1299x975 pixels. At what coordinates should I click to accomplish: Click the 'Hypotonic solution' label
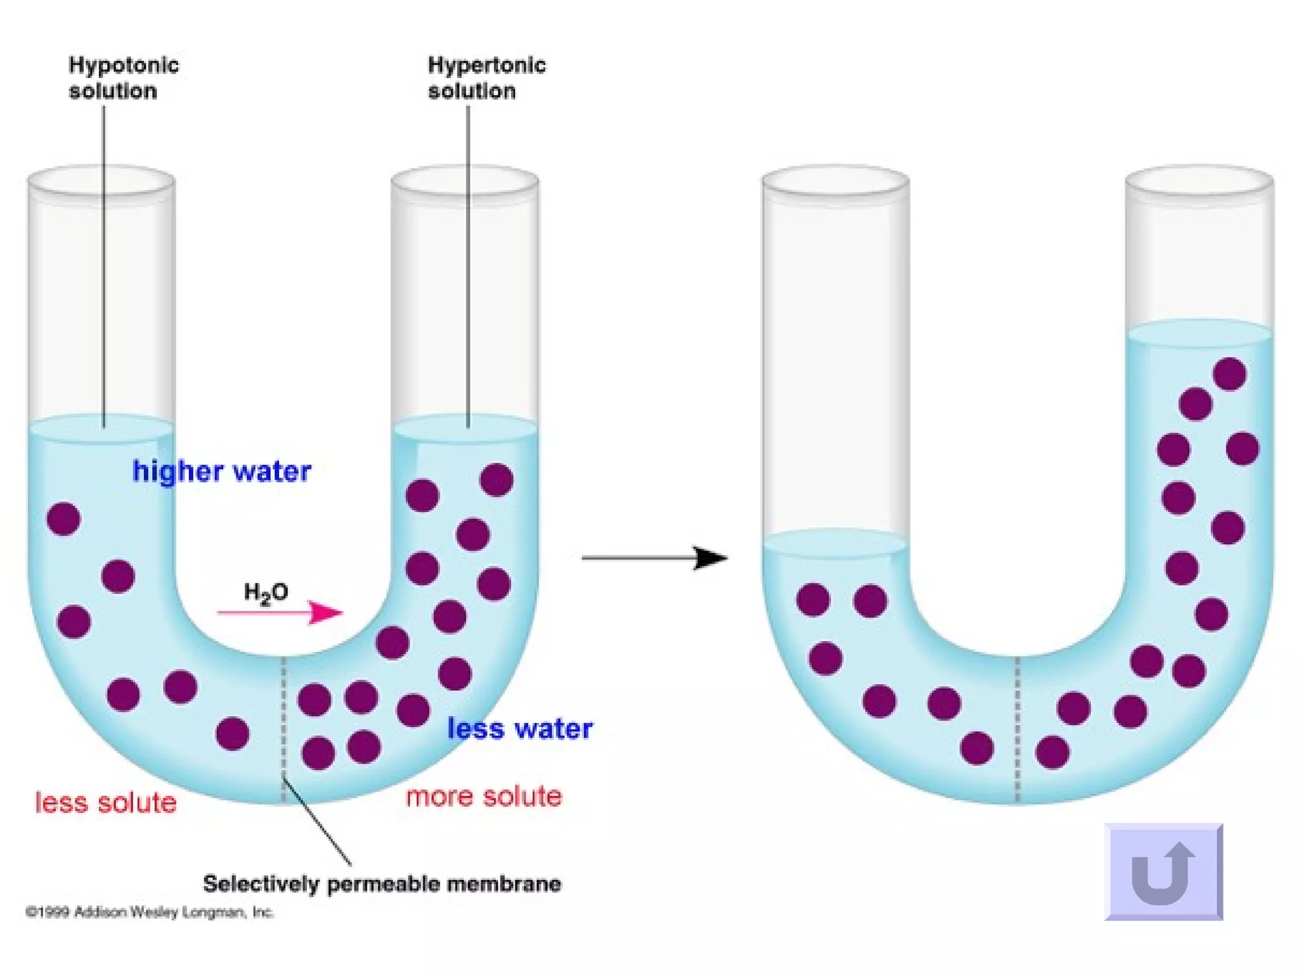123,78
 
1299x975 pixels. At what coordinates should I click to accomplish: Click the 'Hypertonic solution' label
486,78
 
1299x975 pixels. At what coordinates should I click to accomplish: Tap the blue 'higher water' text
221,472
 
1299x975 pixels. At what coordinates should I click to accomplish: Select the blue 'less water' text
519,729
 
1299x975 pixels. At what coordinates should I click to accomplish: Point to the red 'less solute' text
105,802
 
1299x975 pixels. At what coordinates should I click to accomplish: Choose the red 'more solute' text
484,796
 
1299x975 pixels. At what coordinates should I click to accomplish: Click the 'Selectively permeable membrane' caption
382,884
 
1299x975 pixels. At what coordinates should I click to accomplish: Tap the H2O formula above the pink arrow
266,593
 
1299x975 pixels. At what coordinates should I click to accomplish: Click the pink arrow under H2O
280,613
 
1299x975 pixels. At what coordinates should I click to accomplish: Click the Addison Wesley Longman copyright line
150,913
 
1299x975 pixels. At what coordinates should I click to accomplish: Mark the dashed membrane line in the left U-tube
284,730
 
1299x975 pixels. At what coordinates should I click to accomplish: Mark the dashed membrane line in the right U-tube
1017,730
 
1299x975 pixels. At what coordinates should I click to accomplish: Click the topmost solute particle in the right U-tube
1229,373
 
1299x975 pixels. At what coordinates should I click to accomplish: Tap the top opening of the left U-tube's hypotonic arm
101,181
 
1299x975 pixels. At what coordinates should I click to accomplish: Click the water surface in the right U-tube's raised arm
1199,333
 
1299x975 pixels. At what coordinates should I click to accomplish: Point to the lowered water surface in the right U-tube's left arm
835,543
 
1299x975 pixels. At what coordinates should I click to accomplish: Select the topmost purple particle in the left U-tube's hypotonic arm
64,519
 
